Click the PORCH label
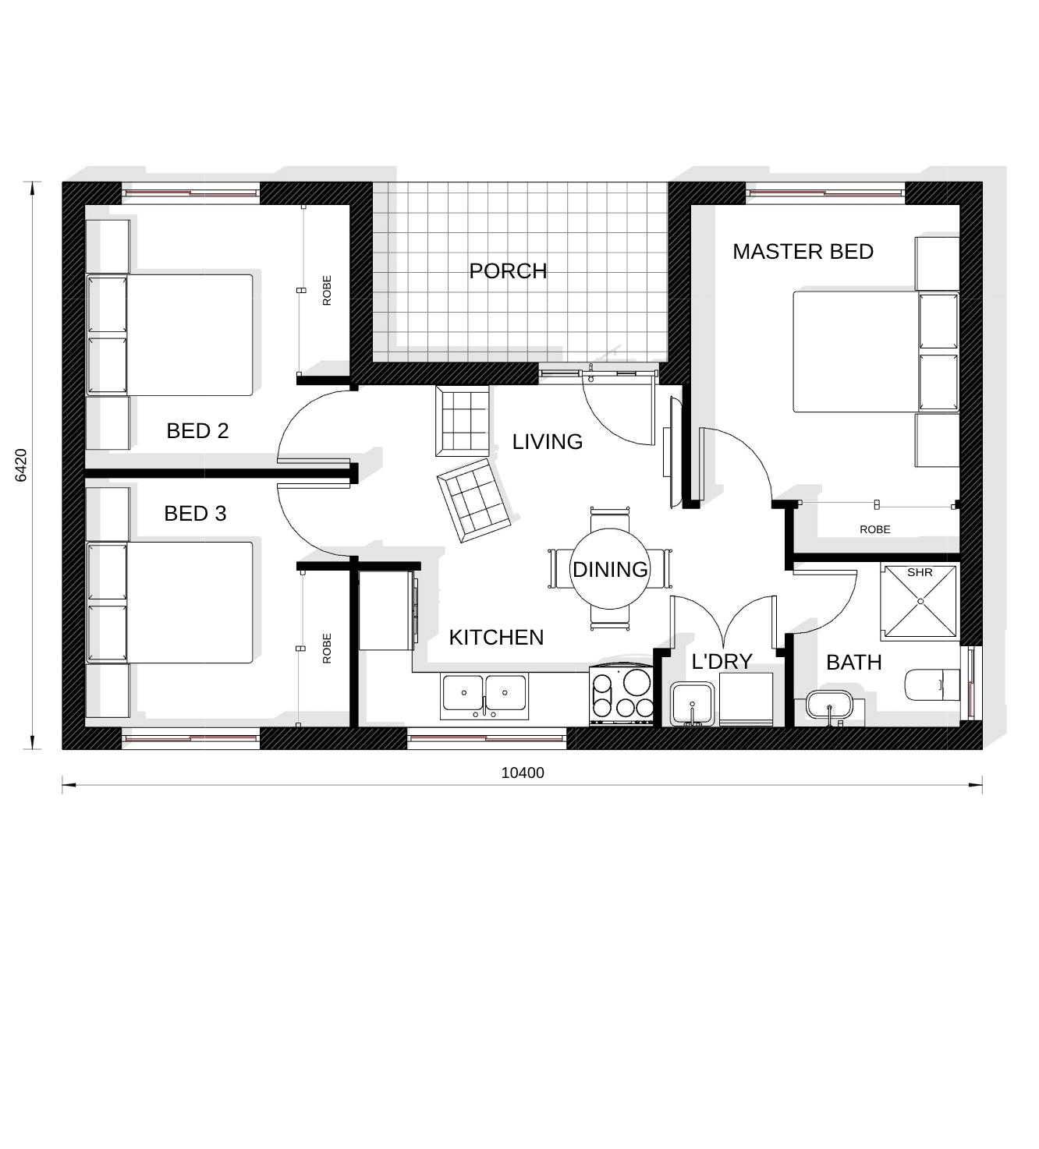pyautogui.click(x=508, y=271)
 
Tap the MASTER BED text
pyautogui.click(x=803, y=252)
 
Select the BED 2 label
pyautogui.click(x=197, y=431)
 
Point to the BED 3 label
pyautogui.click(x=195, y=513)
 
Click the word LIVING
pyautogui.click(x=547, y=442)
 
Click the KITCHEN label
pyautogui.click(x=496, y=638)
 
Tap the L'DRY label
pyautogui.click(x=722, y=662)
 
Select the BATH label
pyautogui.click(x=854, y=663)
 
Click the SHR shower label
pyautogui.click(x=920, y=572)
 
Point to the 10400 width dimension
pyautogui.click(x=523, y=772)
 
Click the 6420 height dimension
pyautogui.click(x=21, y=465)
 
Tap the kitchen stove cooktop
pyautogui.click(x=622, y=695)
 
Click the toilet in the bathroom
pyautogui.click(x=932, y=684)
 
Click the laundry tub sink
pyautogui.click(x=693, y=703)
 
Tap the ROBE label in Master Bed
pyautogui.click(x=875, y=530)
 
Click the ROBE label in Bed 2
pyautogui.click(x=327, y=291)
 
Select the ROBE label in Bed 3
pyautogui.click(x=327, y=649)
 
